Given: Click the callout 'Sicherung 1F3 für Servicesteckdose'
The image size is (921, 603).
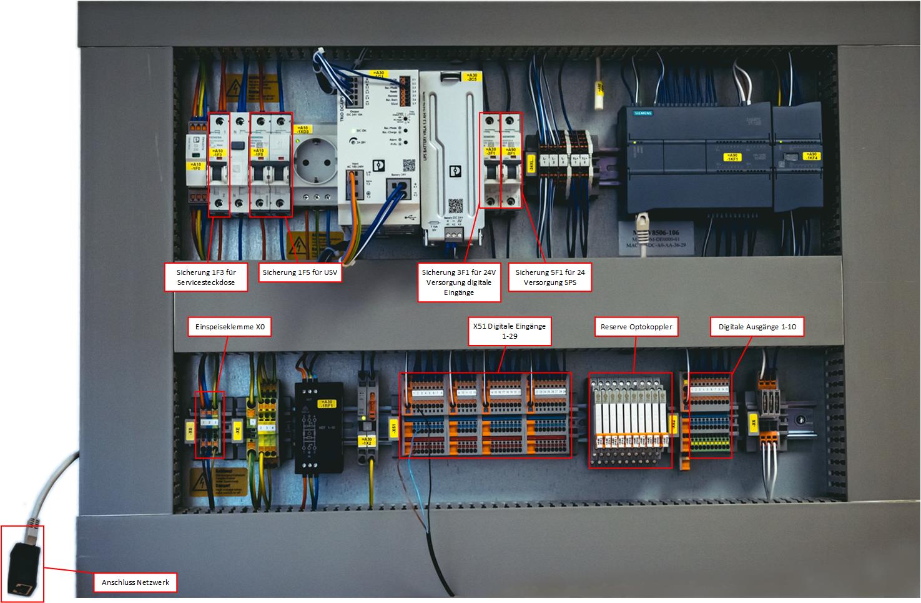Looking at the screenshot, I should click(205, 277).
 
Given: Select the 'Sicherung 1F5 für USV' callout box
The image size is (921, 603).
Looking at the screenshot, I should click(300, 272).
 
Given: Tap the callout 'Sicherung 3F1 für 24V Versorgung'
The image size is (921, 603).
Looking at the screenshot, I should click(459, 282).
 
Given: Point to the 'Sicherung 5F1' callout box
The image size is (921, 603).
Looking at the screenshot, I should click(550, 277).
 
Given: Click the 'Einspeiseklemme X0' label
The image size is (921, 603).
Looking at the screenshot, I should click(230, 327).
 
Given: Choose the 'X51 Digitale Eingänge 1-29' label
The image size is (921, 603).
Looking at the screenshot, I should click(510, 331).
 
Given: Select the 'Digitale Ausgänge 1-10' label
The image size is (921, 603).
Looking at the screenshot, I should click(757, 326).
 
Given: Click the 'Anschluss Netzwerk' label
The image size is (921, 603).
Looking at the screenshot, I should click(135, 582).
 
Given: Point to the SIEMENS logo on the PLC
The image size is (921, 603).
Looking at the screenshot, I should click(643, 112).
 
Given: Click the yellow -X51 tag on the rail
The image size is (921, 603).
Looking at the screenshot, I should click(393, 429).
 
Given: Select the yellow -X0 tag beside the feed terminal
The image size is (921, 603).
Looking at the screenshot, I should click(190, 429).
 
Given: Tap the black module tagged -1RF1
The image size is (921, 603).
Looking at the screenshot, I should click(318, 429).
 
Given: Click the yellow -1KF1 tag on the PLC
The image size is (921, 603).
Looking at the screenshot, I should click(731, 157).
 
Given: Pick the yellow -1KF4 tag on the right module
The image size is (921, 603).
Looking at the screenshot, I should click(811, 156).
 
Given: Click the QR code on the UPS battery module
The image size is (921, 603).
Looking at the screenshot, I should click(455, 206).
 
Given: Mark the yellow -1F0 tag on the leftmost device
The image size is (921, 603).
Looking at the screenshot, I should click(196, 166).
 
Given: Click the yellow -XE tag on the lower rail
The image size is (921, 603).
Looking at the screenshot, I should click(237, 429).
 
